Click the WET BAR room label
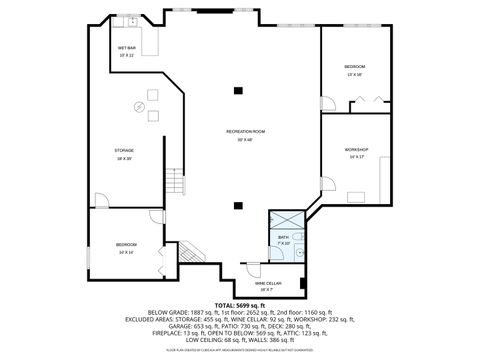127,50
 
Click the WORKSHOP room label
357,151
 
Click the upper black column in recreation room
237,92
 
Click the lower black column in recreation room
237,205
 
